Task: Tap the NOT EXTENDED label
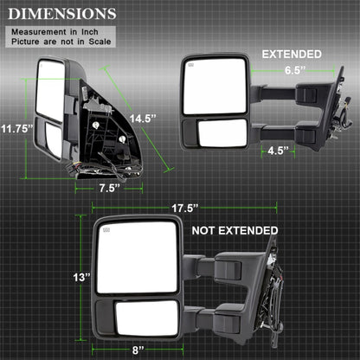[x=235, y=230]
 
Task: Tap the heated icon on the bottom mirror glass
[x=108, y=230]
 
